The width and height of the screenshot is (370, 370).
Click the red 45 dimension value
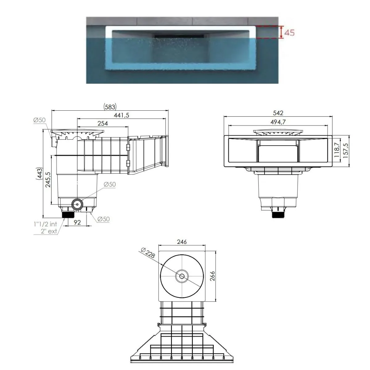click(289, 32)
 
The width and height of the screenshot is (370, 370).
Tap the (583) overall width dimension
click(110, 107)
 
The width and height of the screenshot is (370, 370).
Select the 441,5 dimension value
click(121, 115)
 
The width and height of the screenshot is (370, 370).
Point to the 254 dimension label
click(103, 123)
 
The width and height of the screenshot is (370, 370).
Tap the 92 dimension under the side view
click(77, 222)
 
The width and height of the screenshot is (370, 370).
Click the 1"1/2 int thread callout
click(45, 224)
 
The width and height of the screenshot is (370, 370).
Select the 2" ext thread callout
click(49, 231)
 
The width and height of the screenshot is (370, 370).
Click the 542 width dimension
click(278, 113)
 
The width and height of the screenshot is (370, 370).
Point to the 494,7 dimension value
click(278, 122)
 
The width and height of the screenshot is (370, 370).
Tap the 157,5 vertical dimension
click(346, 150)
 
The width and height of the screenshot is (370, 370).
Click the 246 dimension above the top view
click(182, 242)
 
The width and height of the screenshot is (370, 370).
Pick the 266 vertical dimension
click(212, 276)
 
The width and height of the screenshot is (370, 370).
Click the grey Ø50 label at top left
click(40, 120)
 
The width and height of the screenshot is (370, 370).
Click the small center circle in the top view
click(182, 276)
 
